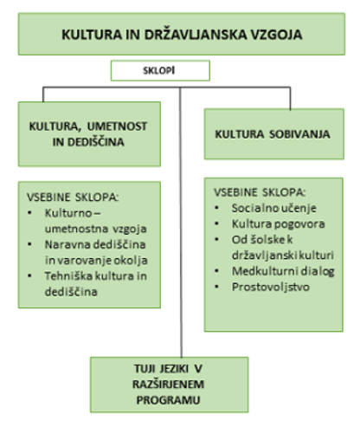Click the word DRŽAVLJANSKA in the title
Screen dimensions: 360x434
point(196,35)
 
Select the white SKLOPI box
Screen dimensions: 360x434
point(160,70)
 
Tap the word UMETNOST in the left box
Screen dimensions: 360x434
point(117,126)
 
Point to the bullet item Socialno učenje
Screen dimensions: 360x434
point(274,208)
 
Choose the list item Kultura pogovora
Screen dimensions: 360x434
point(278,223)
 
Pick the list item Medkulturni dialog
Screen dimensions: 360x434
point(283,271)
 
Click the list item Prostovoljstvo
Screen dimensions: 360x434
point(271,287)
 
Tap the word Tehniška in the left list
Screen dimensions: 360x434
point(68,276)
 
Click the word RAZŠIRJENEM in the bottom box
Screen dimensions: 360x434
point(168,385)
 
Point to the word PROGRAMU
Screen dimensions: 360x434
point(168,400)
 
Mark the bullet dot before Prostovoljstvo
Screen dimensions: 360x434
point(217,287)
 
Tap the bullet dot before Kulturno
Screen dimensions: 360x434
point(29,213)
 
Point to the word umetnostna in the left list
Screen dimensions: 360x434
point(77,229)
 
